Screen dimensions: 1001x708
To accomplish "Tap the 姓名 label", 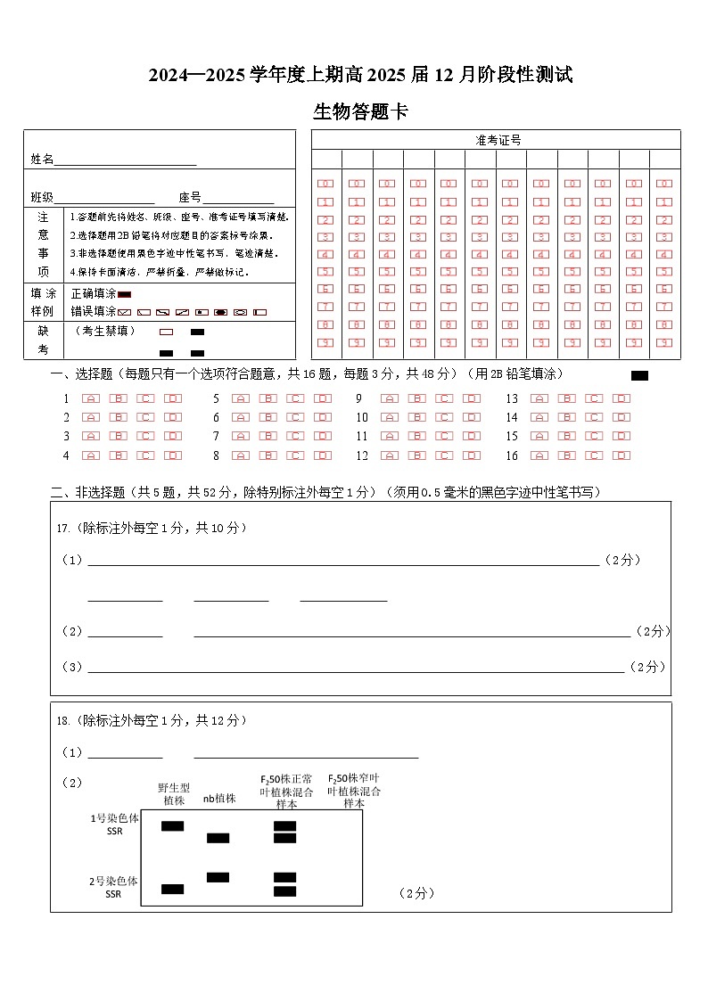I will click(x=42, y=160).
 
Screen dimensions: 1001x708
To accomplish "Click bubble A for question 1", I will click(x=91, y=398).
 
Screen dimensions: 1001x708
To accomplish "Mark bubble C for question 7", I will click(x=295, y=436).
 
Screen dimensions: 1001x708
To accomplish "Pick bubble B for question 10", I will click(x=417, y=417).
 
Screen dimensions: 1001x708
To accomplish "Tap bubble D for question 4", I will click(x=174, y=455).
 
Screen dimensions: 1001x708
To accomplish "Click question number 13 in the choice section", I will click(x=512, y=398).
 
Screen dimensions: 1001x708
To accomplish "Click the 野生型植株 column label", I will click(x=174, y=794).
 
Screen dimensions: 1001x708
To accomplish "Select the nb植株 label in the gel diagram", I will click(x=219, y=799).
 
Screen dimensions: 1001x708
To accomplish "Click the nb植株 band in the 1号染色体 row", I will click(x=218, y=838).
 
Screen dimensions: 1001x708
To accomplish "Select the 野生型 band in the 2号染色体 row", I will click(x=172, y=889).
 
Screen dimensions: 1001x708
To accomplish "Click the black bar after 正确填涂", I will click(x=125, y=294).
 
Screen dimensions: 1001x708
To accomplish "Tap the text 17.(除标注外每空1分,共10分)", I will click(x=152, y=528).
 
